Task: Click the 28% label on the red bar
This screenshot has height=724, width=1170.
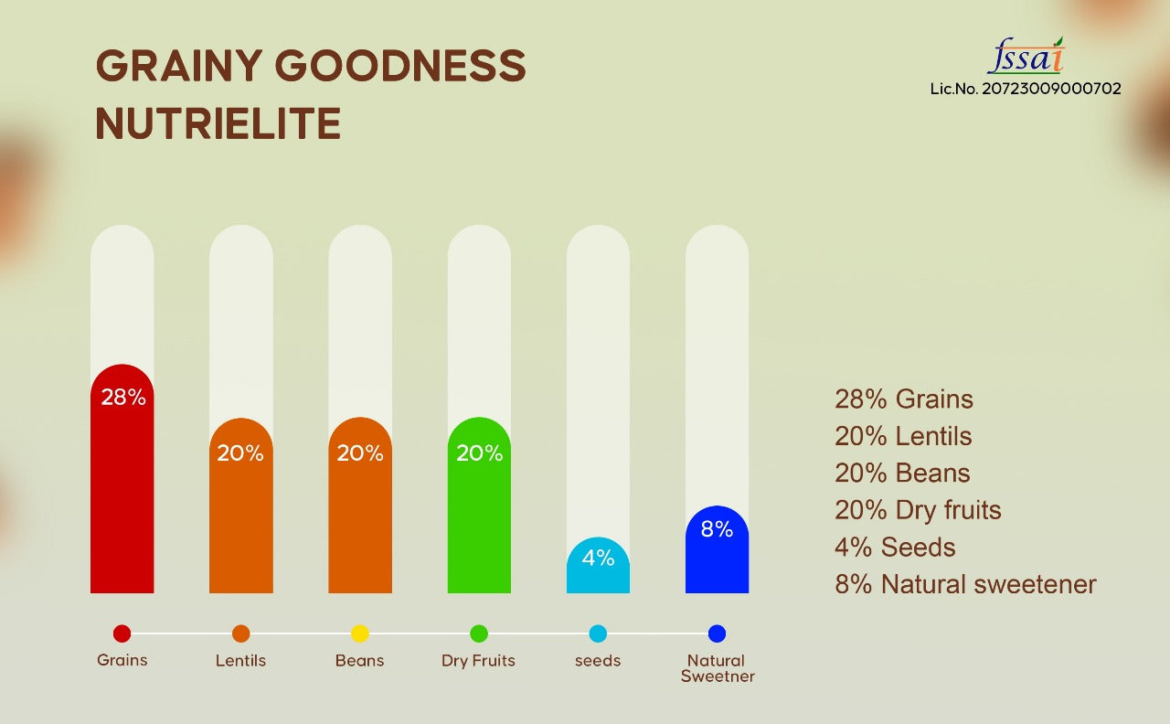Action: (x=122, y=398)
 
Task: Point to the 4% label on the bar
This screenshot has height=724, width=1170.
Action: (x=598, y=557)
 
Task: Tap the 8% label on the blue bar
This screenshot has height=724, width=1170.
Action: (x=717, y=529)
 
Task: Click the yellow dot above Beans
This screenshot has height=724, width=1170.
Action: (x=360, y=633)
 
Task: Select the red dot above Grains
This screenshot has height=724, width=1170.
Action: (x=122, y=633)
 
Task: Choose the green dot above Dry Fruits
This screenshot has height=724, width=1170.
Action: (x=479, y=633)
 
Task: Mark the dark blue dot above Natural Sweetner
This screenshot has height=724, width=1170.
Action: (x=717, y=633)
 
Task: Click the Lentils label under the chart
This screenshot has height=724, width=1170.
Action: (x=240, y=660)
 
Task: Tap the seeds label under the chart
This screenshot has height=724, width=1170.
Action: (x=598, y=660)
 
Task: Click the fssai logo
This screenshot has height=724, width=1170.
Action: (x=1026, y=57)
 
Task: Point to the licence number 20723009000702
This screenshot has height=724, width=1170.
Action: (x=1026, y=89)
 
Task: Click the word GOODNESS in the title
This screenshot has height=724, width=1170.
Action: (x=400, y=67)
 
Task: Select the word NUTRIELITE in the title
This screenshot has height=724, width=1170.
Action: (x=218, y=124)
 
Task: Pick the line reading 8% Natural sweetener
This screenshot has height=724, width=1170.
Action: (x=965, y=585)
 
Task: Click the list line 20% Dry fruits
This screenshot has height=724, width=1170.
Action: (x=918, y=510)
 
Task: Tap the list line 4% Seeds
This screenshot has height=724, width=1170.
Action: (x=895, y=548)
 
